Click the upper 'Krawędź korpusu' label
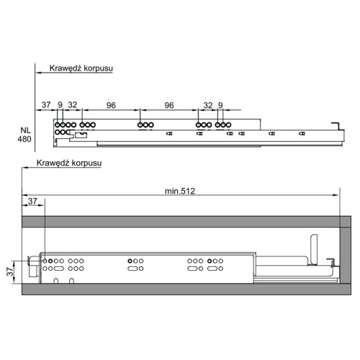click(x=81, y=68)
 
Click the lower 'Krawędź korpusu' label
click(x=69, y=163)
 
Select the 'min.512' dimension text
click(x=180, y=191)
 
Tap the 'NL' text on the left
click(x=26, y=130)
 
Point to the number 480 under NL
click(x=24, y=139)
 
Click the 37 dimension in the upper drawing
click(x=46, y=104)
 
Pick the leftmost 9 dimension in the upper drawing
click(x=60, y=104)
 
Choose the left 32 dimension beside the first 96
click(x=73, y=104)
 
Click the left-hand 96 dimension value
click(x=111, y=105)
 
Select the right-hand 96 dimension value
click(x=169, y=105)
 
